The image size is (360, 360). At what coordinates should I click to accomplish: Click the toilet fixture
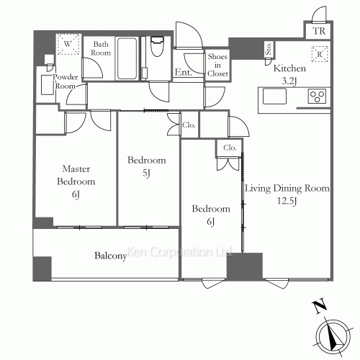pyautogui.click(x=157, y=46)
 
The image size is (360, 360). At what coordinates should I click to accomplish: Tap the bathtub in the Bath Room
pyautogui.click(x=127, y=58)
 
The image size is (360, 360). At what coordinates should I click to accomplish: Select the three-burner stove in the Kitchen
pyautogui.click(x=317, y=96)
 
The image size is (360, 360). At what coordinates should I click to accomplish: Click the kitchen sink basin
pyautogui.click(x=274, y=96)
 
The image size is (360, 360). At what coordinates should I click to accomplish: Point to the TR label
pyautogui.click(x=319, y=31)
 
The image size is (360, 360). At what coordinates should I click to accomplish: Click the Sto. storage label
pyautogui.click(x=269, y=49)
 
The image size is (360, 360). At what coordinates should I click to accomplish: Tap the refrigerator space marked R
pyautogui.click(x=320, y=54)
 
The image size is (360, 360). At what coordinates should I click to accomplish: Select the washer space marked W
pyautogui.click(x=68, y=44)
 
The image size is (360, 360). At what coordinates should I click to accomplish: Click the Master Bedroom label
pyautogui.click(x=76, y=175)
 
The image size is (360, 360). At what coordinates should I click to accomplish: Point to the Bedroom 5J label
pyautogui.click(x=146, y=166)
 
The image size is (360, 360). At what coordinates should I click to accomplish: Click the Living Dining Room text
pyautogui.click(x=287, y=188)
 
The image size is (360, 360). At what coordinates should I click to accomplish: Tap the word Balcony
pyautogui.click(x=110, y=256)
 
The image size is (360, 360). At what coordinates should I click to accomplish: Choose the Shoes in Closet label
pyautogui.click(x=217, y=65)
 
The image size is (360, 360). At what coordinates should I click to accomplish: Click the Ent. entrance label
pyautogui.click(x=184, y=72)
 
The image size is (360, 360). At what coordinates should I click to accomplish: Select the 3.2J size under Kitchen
pyautogui.click(x=289, y=81)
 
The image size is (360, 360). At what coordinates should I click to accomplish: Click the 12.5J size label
pyautogui.click(x=287, y=201)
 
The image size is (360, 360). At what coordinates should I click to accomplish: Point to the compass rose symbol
pyautogui.click(x=333, y=336)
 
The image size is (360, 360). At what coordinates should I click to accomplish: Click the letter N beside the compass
pyautogui.click(x=320, y=306)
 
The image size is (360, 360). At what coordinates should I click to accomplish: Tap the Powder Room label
pyautogui.click(x=66, y=81)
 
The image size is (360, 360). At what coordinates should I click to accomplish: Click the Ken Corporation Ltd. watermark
pyautogui.click(x=179, y=252)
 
